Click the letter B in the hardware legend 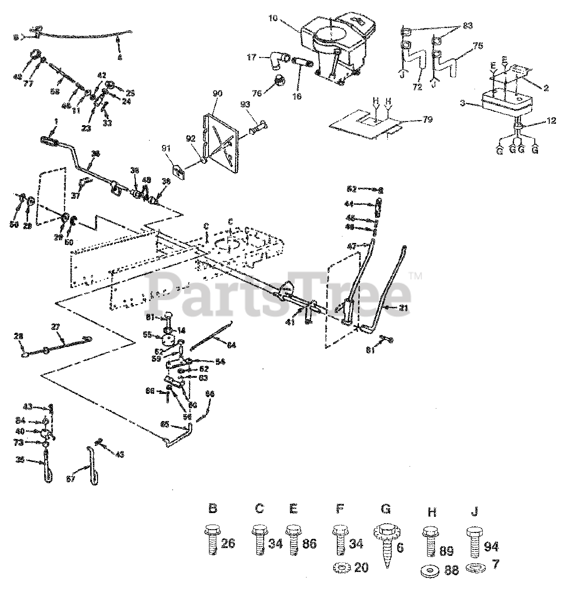coord(213,509)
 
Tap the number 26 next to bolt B coord(227,543)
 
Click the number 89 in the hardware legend coord(445,550)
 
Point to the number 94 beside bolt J coord(491,546)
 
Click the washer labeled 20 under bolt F coord(341,568)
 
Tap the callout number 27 coord(56,327)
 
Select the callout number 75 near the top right coord(478,46)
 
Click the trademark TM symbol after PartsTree coord(416,277)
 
